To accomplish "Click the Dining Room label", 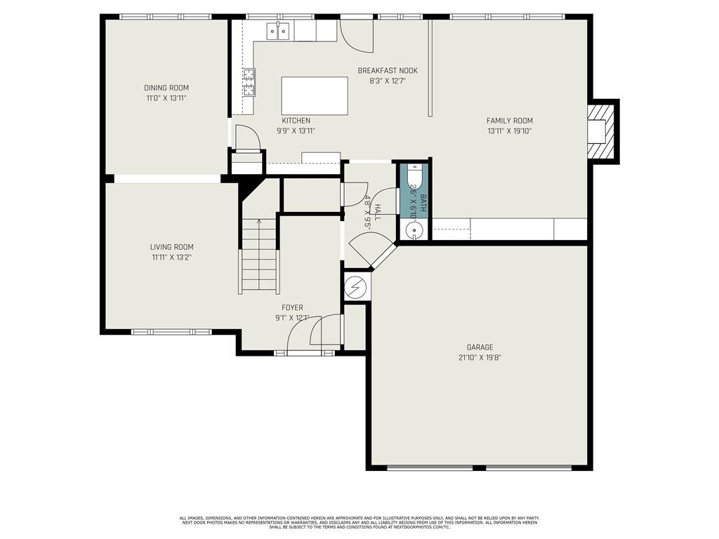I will click(x=166, y=88).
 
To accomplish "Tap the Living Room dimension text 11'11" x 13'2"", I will click(x=171, y=258).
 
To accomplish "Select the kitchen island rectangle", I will click(x=315, y=95).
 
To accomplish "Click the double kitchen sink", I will click(x=277, y=32).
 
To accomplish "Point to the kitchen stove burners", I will click(x=249, y=82).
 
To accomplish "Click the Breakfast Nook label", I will click(x=388, y=71).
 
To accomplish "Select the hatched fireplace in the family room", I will click(x=602, y=132).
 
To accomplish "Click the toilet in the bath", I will click(x=414, y=175).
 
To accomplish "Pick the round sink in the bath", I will click(x=414, y=229).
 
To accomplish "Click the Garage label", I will click(x=480, y=347).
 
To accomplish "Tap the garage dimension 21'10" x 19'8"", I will click(x=480, y=357).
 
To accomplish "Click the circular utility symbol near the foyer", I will click(x=356, y=287).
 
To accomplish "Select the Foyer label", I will click(x=292, y=308).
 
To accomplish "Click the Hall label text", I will click(x=377, y=211).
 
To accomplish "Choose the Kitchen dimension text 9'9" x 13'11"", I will click(x=296, y=131).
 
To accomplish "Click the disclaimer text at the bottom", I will click(x=359, y=523).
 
